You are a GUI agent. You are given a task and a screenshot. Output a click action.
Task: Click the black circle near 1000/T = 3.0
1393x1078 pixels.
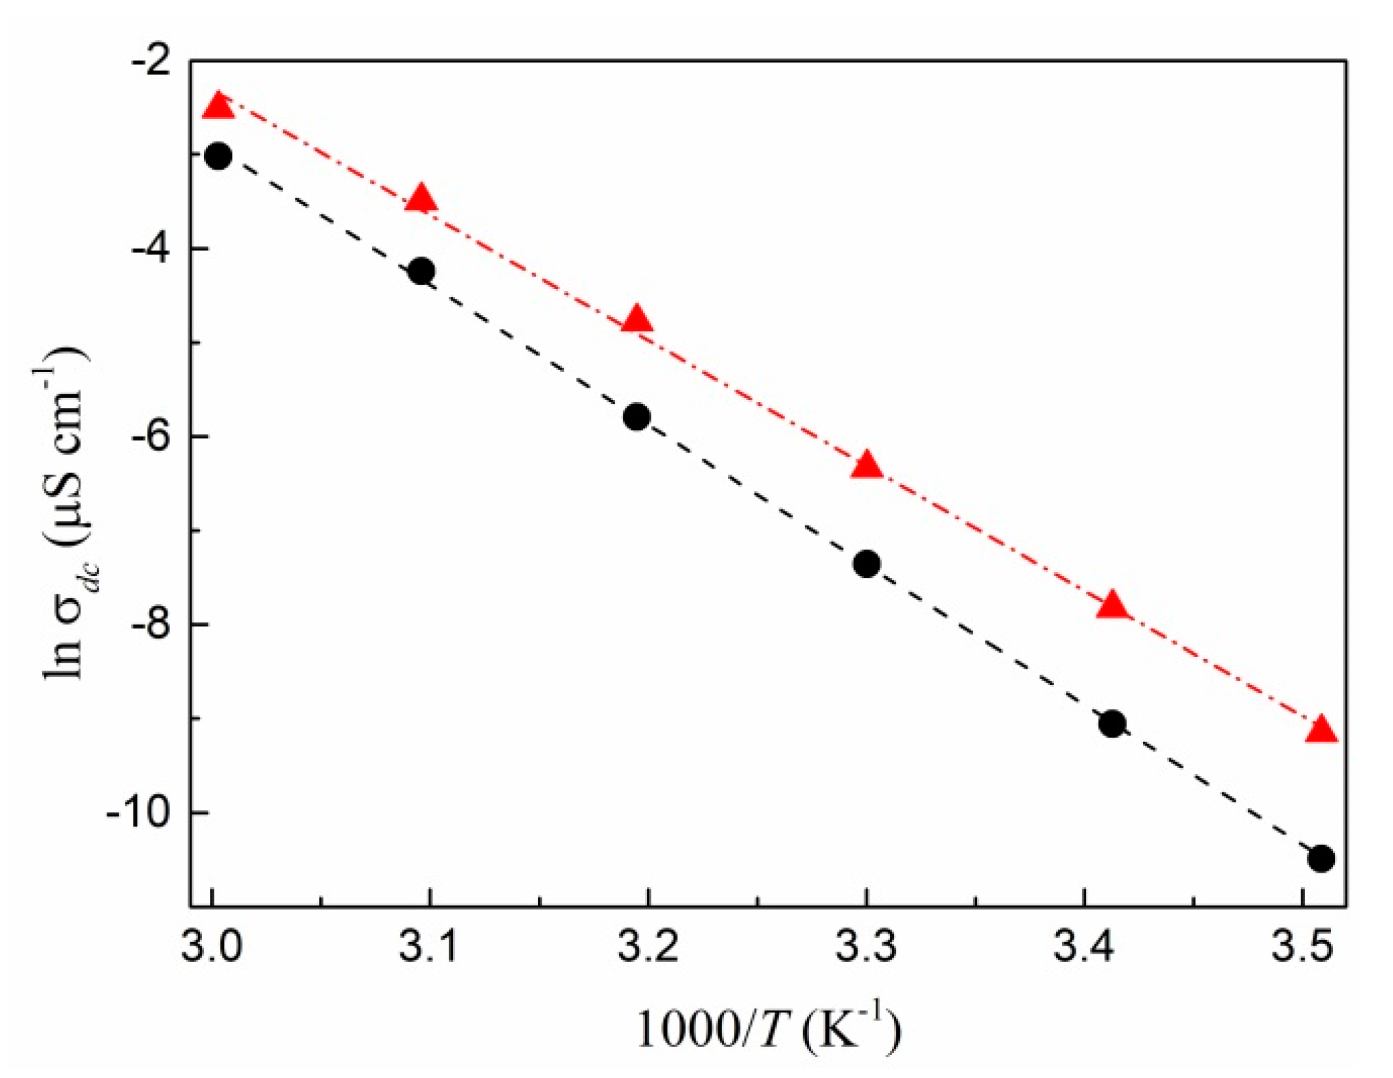point(219,157)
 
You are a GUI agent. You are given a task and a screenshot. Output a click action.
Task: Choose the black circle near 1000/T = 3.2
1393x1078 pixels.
point(637,417)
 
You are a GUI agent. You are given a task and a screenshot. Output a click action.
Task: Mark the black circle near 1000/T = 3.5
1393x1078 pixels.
point(1321,859)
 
